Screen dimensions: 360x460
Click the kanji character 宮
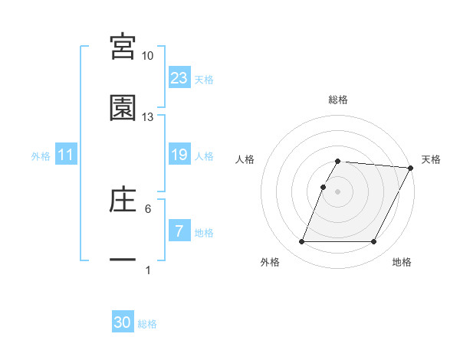tap(123, 47)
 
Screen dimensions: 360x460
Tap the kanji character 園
tap(123, 108)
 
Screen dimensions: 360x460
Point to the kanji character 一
tap(123, 260)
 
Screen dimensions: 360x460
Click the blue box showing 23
tap(179, 77)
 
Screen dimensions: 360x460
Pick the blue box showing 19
tap(179, 155)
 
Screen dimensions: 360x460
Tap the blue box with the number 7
tap(179, 231)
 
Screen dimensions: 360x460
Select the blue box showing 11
tap(66, 155)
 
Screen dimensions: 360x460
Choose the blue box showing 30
tap(123, 323)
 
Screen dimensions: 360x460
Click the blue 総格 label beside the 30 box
tap(147, 324)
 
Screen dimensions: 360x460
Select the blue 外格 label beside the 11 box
tap(41, 155)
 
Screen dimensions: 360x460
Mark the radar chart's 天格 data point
tap(411, 168)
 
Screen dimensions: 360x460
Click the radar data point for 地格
tap(374, 242)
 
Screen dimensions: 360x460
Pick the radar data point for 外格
tap(301, 242)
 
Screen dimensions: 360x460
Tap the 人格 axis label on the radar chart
tap(246, 159)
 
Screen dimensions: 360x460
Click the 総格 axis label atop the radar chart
tap(337, 100)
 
